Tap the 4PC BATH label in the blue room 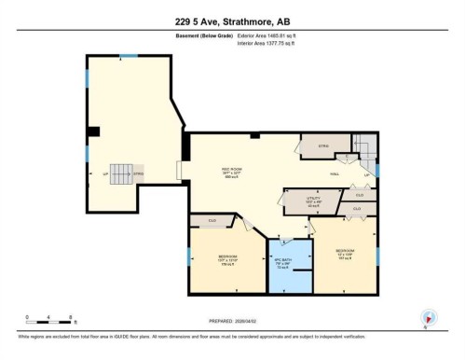(x=280, y=262)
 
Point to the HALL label (x=334, y=174)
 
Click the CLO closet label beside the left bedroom (x=212, y=221)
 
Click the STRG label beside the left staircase (x=137, y=174)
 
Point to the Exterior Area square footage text (x=272, y=35)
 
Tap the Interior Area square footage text (x=272, y=43)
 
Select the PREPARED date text (x=232, y=321)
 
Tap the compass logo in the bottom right (x=429, y=317)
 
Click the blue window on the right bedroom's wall (x=378, y=254)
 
